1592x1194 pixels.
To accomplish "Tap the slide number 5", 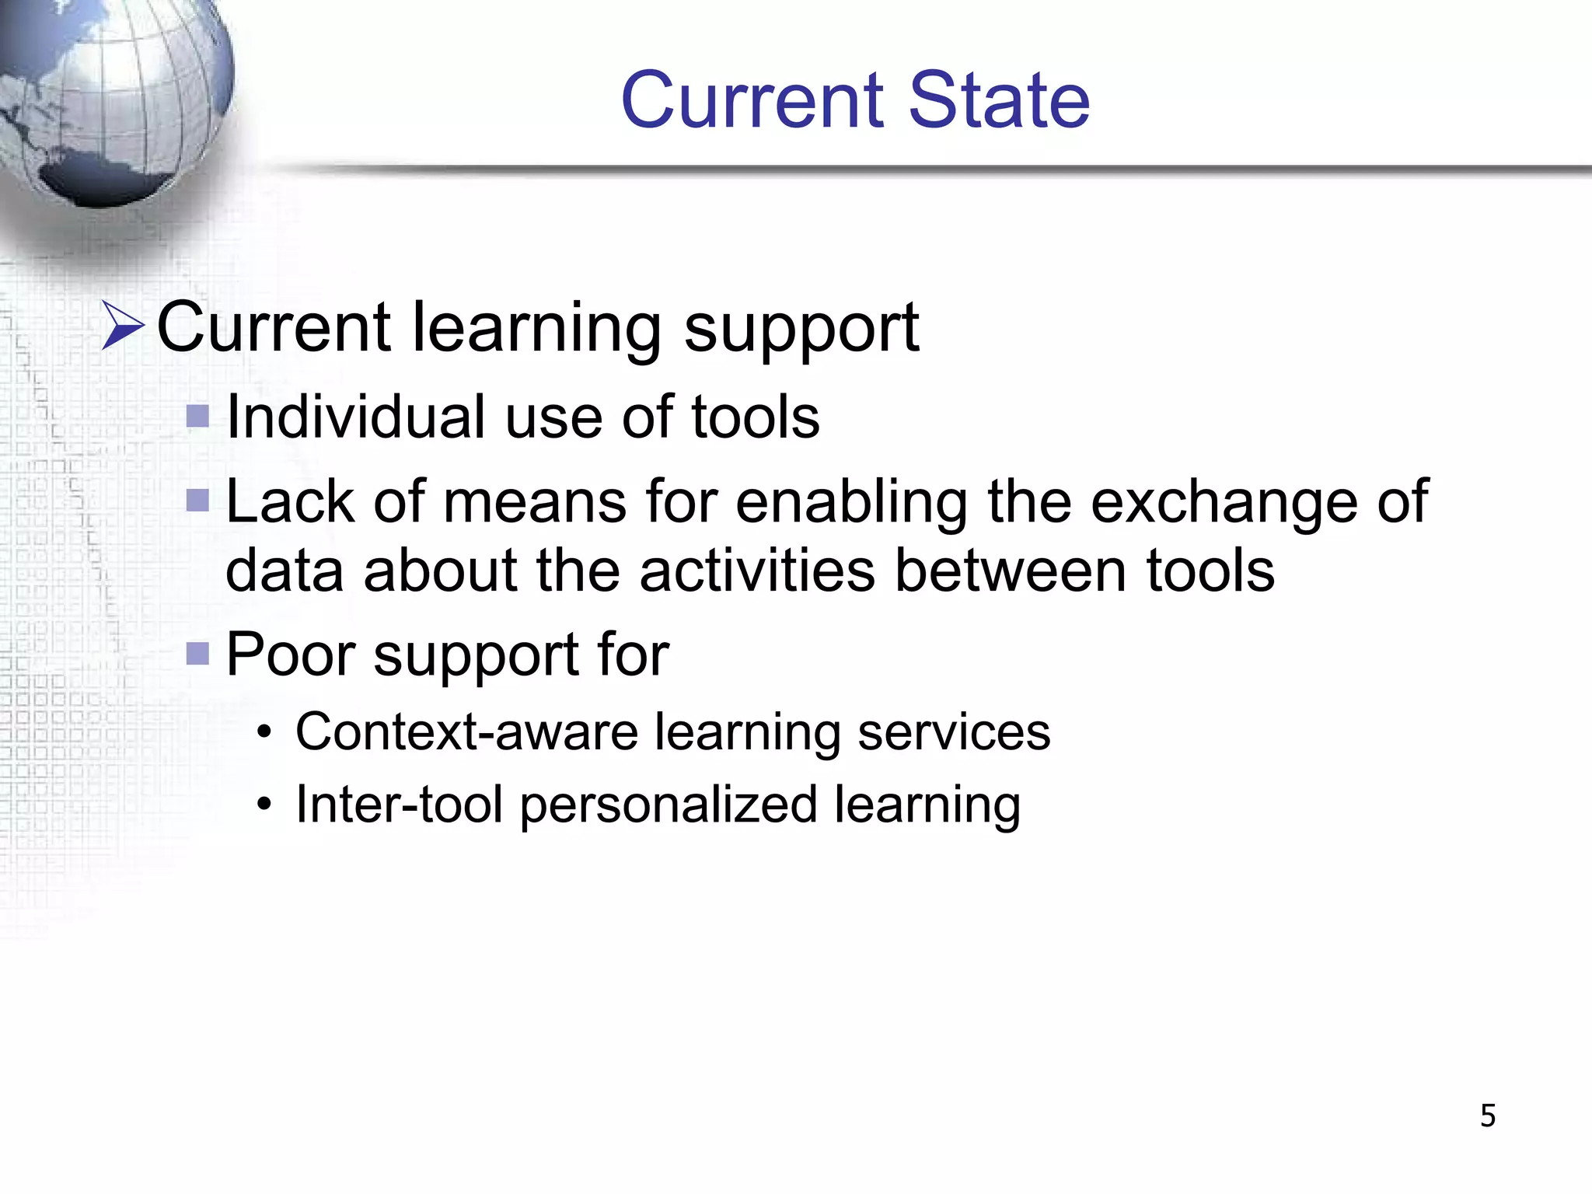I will pos(1487,1115).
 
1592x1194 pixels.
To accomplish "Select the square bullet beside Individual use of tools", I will pos(198,417).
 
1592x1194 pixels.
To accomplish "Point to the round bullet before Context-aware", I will pos(265,732).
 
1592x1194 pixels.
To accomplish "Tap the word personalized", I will pos(669,805).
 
